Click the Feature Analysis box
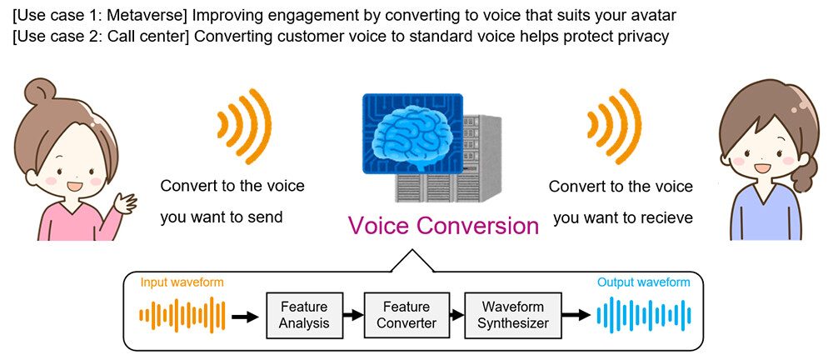(x=304, y=315)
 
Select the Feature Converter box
(x=401, y=315)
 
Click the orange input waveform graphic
(x=182, y=316)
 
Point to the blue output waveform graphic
(x=644, y=316)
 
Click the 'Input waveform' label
(x=182, y=283)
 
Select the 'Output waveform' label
(x=643, y=282)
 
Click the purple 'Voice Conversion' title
(x=443, y=226)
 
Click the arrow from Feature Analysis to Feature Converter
(x=354, y=316)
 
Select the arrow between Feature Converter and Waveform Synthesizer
(x=455, y=316)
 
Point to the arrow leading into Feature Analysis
(x=245, y=317)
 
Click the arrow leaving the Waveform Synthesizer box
(x=576, y=316)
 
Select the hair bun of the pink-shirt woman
(x=37, y=92)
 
